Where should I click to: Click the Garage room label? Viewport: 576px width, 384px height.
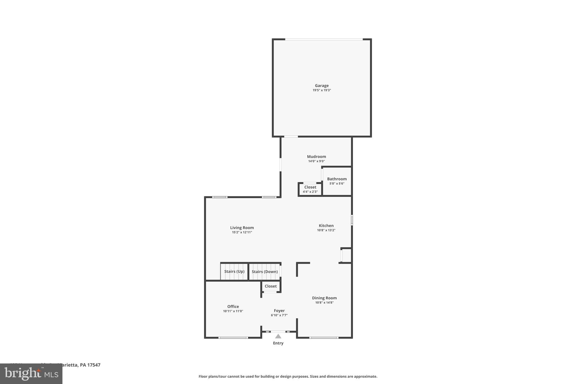click(321, 86)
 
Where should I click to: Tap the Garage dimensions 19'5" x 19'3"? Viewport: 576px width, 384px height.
click(321, 90)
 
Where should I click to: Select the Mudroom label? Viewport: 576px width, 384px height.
click(316, 157)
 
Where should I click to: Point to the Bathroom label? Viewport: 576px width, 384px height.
click(337, 179)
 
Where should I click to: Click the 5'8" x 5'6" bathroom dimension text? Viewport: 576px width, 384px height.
click(337, 184)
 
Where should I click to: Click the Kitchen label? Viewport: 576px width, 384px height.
click(326, 226)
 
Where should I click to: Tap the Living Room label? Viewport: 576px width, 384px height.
click(242, 228)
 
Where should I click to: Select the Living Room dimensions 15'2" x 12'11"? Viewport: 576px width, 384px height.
click(242, 232)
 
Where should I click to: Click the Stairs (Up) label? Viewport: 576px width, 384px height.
click(234, 271)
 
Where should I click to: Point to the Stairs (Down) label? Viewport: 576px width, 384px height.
click(265, 272)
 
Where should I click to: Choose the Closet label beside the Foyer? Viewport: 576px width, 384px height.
click(271, 286)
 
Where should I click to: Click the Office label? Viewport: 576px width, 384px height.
click(233, 307)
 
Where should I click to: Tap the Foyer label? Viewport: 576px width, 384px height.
click(279, 311)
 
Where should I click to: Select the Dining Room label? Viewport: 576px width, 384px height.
click(324, 298)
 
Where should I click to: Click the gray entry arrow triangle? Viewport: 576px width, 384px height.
click(278, 336)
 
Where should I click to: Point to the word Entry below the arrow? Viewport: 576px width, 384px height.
click(278, 343)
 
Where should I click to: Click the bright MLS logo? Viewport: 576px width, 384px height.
click(31, 374)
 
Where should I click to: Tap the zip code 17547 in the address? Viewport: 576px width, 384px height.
click(94, 365)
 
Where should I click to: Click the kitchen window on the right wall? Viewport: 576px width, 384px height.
click(352, 220)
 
